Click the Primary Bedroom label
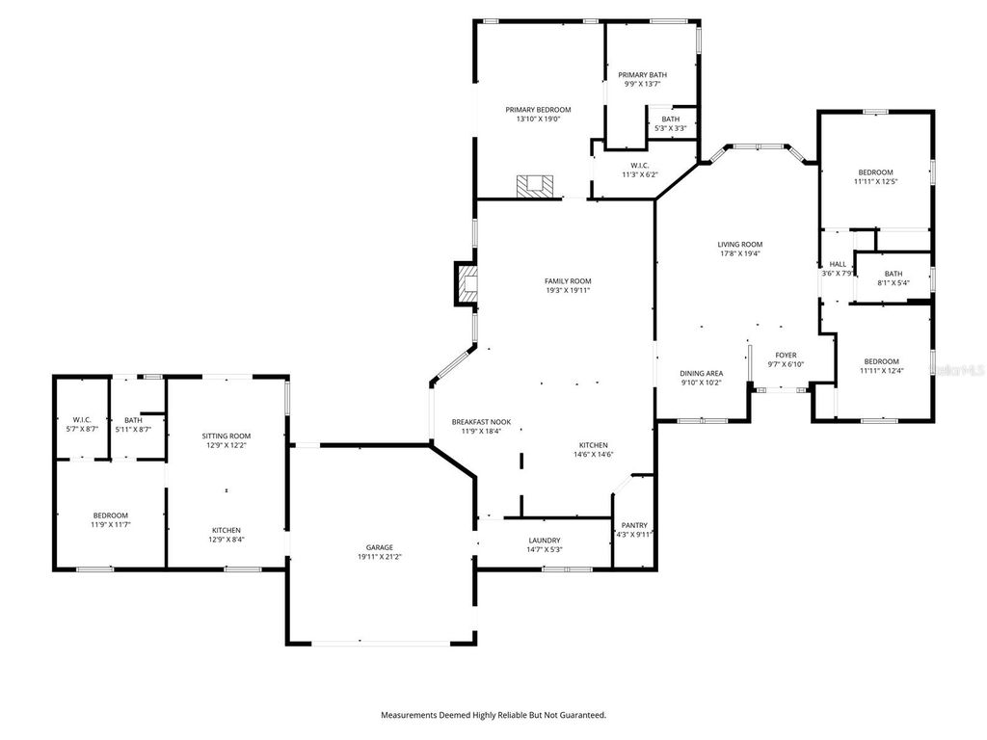click(538, 110)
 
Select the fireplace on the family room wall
click(467, 285)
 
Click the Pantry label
click(634, 525)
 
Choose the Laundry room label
click(545, 541)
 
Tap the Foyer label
click(786, 355)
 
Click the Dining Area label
click(702, 373)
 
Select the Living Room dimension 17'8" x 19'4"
click(739, 253)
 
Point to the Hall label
click(838, 264)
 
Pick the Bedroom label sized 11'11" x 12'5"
click(875, 172)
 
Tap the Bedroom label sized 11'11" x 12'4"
click(879, 361)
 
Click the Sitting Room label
click(227, 436)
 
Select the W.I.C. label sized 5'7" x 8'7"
click(81, 419)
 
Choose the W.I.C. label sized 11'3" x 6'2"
click(640, 165)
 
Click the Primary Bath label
click(642, 74)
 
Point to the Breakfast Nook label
click(481, 422)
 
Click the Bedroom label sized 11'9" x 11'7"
click(110, 515)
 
